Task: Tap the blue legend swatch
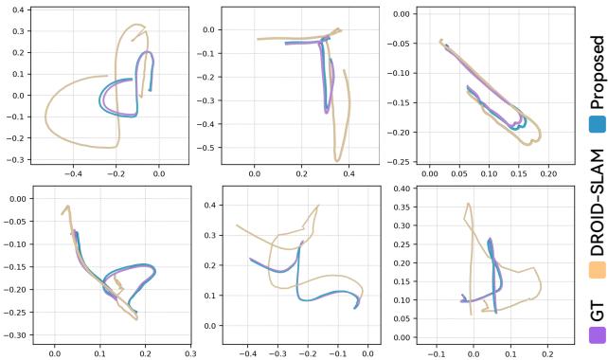point(596,124)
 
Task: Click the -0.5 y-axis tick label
point(208,147)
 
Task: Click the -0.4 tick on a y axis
point(208,123)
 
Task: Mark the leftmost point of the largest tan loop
point(45,117)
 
